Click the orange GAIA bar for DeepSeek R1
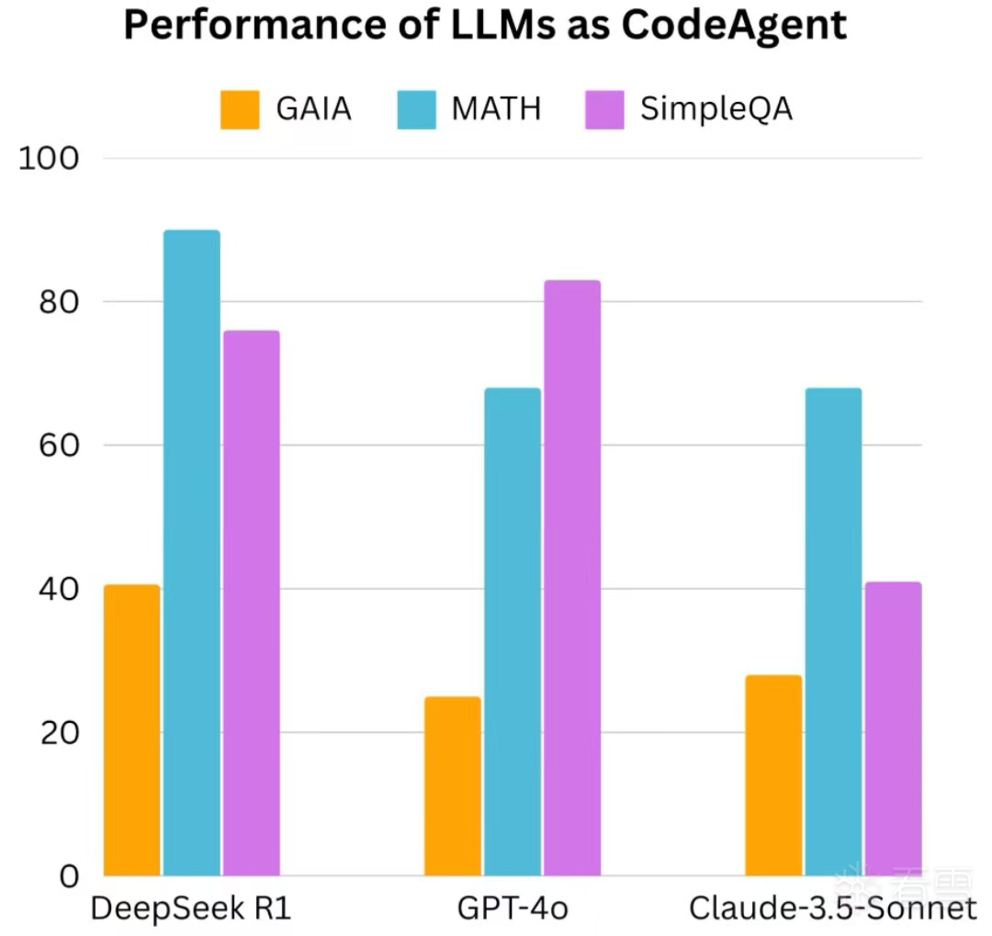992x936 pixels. tap(131, 730)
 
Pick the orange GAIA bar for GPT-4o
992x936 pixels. tap(452, 786)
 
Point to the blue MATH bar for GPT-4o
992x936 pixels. tap(512, 632)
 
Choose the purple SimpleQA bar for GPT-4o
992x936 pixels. tap(571, 578)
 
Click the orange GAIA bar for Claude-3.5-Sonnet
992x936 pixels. tap(772, 775)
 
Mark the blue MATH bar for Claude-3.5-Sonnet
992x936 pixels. tap(833, 632)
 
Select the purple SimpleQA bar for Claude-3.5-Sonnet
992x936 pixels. tap(893, 728)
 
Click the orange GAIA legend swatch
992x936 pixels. tap(239, 109)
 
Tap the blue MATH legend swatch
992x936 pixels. tap(416, 109)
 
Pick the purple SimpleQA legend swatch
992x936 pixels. tap(604, 109)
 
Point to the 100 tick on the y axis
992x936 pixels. tap(50, 158)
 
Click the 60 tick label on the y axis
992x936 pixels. tap(57, 445)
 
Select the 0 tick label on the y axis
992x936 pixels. tap(69, 876)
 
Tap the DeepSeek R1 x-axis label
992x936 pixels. tap(190, 909)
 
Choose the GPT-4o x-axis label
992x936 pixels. tap(512, 909)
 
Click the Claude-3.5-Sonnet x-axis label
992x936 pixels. tap(832, 909)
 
